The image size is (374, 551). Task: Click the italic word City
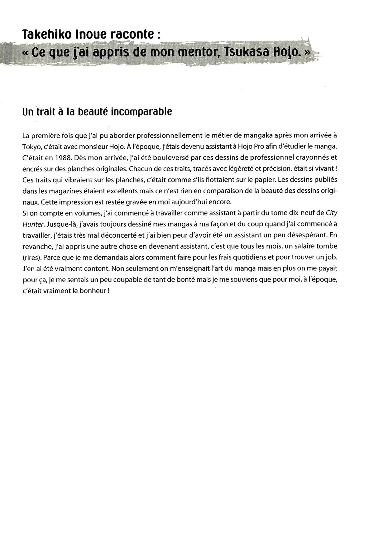click(331, 213)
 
